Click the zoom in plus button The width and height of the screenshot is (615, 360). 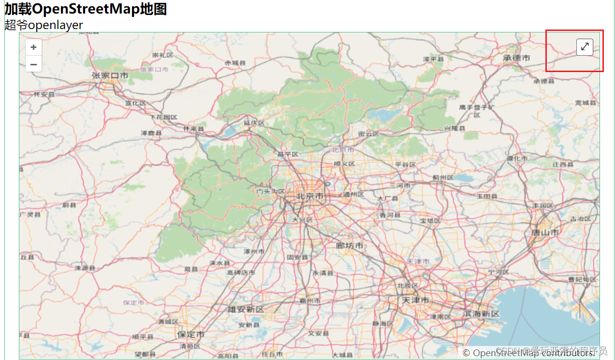pos(33,47)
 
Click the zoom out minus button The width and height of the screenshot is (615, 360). pos(33,63)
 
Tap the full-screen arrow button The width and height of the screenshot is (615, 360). pos(585,47)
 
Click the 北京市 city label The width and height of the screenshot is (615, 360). pos(310,196)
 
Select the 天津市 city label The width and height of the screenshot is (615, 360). pos(415,300)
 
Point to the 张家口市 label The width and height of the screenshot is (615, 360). pos(110,75)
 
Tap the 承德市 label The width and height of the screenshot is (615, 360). pos(516,58)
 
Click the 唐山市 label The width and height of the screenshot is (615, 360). pos(545,233)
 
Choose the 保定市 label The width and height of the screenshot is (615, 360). pos(190,335)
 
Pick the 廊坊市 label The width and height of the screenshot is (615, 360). pos(349,246)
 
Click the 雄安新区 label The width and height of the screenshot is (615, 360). pos(246,310)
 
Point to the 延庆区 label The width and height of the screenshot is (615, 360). pos(254,123)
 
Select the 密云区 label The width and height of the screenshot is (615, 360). pos(369,134)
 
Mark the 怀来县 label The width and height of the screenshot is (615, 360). pos(193,129)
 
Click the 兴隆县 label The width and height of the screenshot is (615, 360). pos(454,128)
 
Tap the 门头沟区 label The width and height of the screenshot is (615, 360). pos(270,192)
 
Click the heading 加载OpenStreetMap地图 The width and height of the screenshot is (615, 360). pos(86,9)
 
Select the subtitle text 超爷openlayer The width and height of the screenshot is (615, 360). pos(44,25)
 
